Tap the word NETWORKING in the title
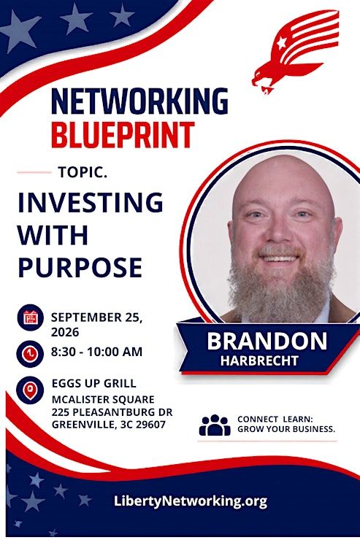[x=140, y=101]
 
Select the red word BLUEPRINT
[x=123, y=135]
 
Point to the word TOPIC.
[x=83, y=172]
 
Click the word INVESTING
[x=91, y=202]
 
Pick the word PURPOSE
[x=80, y=267]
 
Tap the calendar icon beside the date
[x=31, y=317]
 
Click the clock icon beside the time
[x=31, y=354]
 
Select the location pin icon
[x=31, y=390]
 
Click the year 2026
[x=65, y=332]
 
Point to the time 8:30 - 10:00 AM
[x=97, y=352]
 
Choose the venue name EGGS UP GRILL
[x=94, y=383]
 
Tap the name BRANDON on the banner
[x=267, y=341]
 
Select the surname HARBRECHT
[x=259, y=361]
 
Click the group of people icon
[x=215, y=425]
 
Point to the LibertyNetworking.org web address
[x=191, y=501]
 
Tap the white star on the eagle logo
[x=281, y=43]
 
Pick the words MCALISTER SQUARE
[x=103, y=399]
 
